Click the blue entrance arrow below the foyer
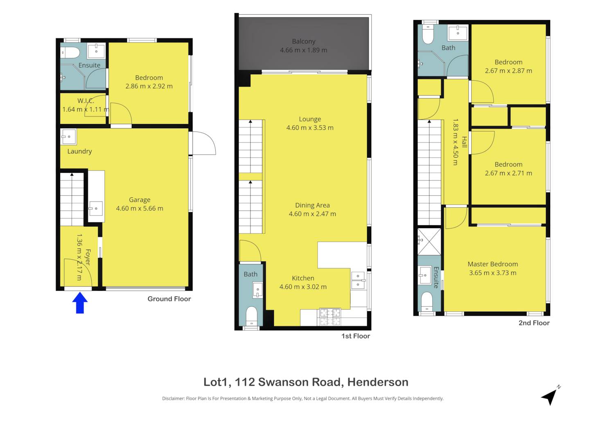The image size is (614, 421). tap(80, 303)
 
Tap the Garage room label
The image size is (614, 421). tap(140, 200)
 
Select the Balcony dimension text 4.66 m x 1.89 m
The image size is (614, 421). tap(303, 50)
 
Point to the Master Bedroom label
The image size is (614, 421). tap(492, 264)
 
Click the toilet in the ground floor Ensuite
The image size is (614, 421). tap(70, 52)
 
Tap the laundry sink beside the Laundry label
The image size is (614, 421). tap(68, 137)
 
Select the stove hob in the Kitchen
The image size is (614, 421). tap(330, 317)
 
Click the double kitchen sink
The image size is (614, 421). tap(358, 280)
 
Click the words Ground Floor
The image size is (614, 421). tap(169, 299)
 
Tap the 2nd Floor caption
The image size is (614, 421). tap(534, 323)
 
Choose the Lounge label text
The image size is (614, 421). tap(310, 119)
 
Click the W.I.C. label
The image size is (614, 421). tap(86, 101)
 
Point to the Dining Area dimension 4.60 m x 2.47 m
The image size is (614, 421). tap(312, 214)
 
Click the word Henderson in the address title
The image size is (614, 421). tap(378, 382)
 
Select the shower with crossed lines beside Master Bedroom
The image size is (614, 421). tap(429, 242)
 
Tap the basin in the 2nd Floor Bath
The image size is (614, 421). tap(458, 33)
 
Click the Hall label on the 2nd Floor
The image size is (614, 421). tap(464, 142)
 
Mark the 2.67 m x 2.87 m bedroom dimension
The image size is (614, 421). tap(508, 71)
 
